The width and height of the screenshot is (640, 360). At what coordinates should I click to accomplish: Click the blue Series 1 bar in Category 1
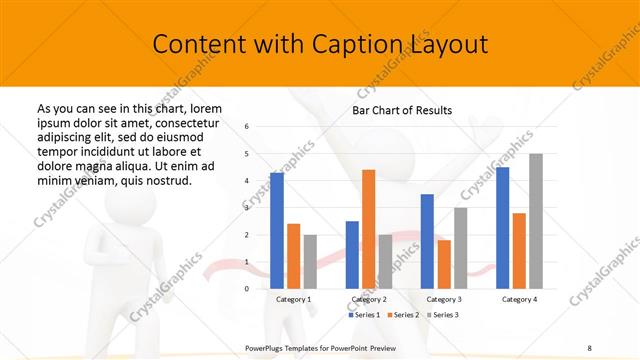(x=277, y=231)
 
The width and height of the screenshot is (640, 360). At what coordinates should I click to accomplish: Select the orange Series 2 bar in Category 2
(x=368, y=229)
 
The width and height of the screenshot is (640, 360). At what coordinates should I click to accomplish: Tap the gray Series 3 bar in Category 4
(x=536, y=221)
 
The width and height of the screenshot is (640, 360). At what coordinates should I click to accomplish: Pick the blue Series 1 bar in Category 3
(x=427, y=241)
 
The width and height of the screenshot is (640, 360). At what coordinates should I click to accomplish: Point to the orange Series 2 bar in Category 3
(x=444, y=264)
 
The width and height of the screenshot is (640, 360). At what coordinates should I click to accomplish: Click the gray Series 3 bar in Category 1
(x=310, y=262)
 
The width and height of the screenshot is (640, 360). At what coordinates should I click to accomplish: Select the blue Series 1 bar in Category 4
(x=503, y=228)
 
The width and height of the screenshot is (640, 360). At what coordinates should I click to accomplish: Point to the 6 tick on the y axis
(x=247, y=126)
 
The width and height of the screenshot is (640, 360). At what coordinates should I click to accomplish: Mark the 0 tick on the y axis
(x=247, y=289)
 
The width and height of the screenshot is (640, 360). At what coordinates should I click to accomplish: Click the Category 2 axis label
(x=369, y=300)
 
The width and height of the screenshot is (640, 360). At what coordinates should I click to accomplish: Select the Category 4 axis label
(x=519, y=300)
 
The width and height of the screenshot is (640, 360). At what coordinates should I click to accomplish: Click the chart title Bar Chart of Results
(x=402, y=110)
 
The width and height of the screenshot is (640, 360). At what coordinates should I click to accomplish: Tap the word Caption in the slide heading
(x=362, y=45)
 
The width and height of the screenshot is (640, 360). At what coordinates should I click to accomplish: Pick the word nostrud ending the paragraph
(x=169, y=180)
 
